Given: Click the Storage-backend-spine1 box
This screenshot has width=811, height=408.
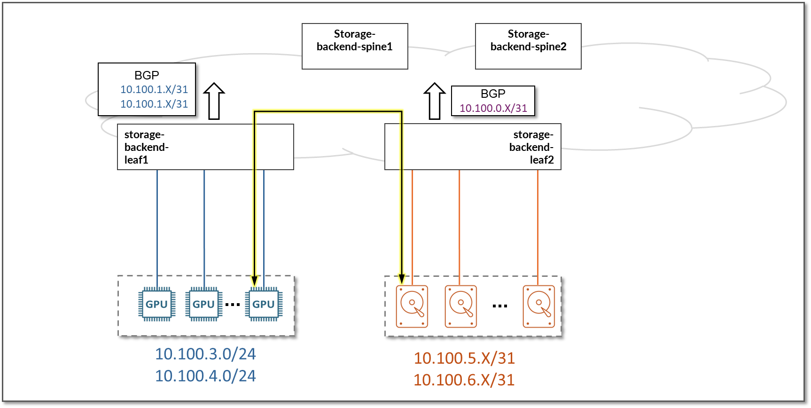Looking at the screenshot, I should (355, 46).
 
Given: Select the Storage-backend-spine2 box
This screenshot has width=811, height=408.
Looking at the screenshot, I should (528, 46).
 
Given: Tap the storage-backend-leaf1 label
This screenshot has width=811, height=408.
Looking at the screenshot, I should (146, 147).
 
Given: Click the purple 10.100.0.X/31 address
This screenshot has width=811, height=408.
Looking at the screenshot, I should (493, 108).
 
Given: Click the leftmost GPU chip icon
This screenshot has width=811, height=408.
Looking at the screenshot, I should (157, 304).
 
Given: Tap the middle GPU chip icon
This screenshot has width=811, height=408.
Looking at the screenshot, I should (203, 304).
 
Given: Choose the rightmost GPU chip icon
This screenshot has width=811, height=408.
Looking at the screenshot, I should (264, 304).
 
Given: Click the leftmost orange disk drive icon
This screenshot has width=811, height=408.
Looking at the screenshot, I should (412, 306).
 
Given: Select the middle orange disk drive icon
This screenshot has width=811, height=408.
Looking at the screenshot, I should (461, 306).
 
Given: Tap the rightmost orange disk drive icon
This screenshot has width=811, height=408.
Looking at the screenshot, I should (539, 306).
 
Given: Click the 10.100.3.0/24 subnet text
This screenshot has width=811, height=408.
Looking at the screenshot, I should (205, 354).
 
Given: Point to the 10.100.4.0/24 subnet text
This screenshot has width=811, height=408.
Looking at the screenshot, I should (205, 376).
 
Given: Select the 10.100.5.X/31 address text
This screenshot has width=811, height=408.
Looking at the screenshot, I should (464, 358).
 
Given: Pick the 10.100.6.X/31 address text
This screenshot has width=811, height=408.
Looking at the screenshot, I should (464, 380).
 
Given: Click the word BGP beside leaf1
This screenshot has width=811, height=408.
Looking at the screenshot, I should (147, 75).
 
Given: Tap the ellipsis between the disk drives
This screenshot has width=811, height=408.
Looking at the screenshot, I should (500, 306).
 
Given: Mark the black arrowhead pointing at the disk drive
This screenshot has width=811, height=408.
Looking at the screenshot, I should (402, 279).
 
